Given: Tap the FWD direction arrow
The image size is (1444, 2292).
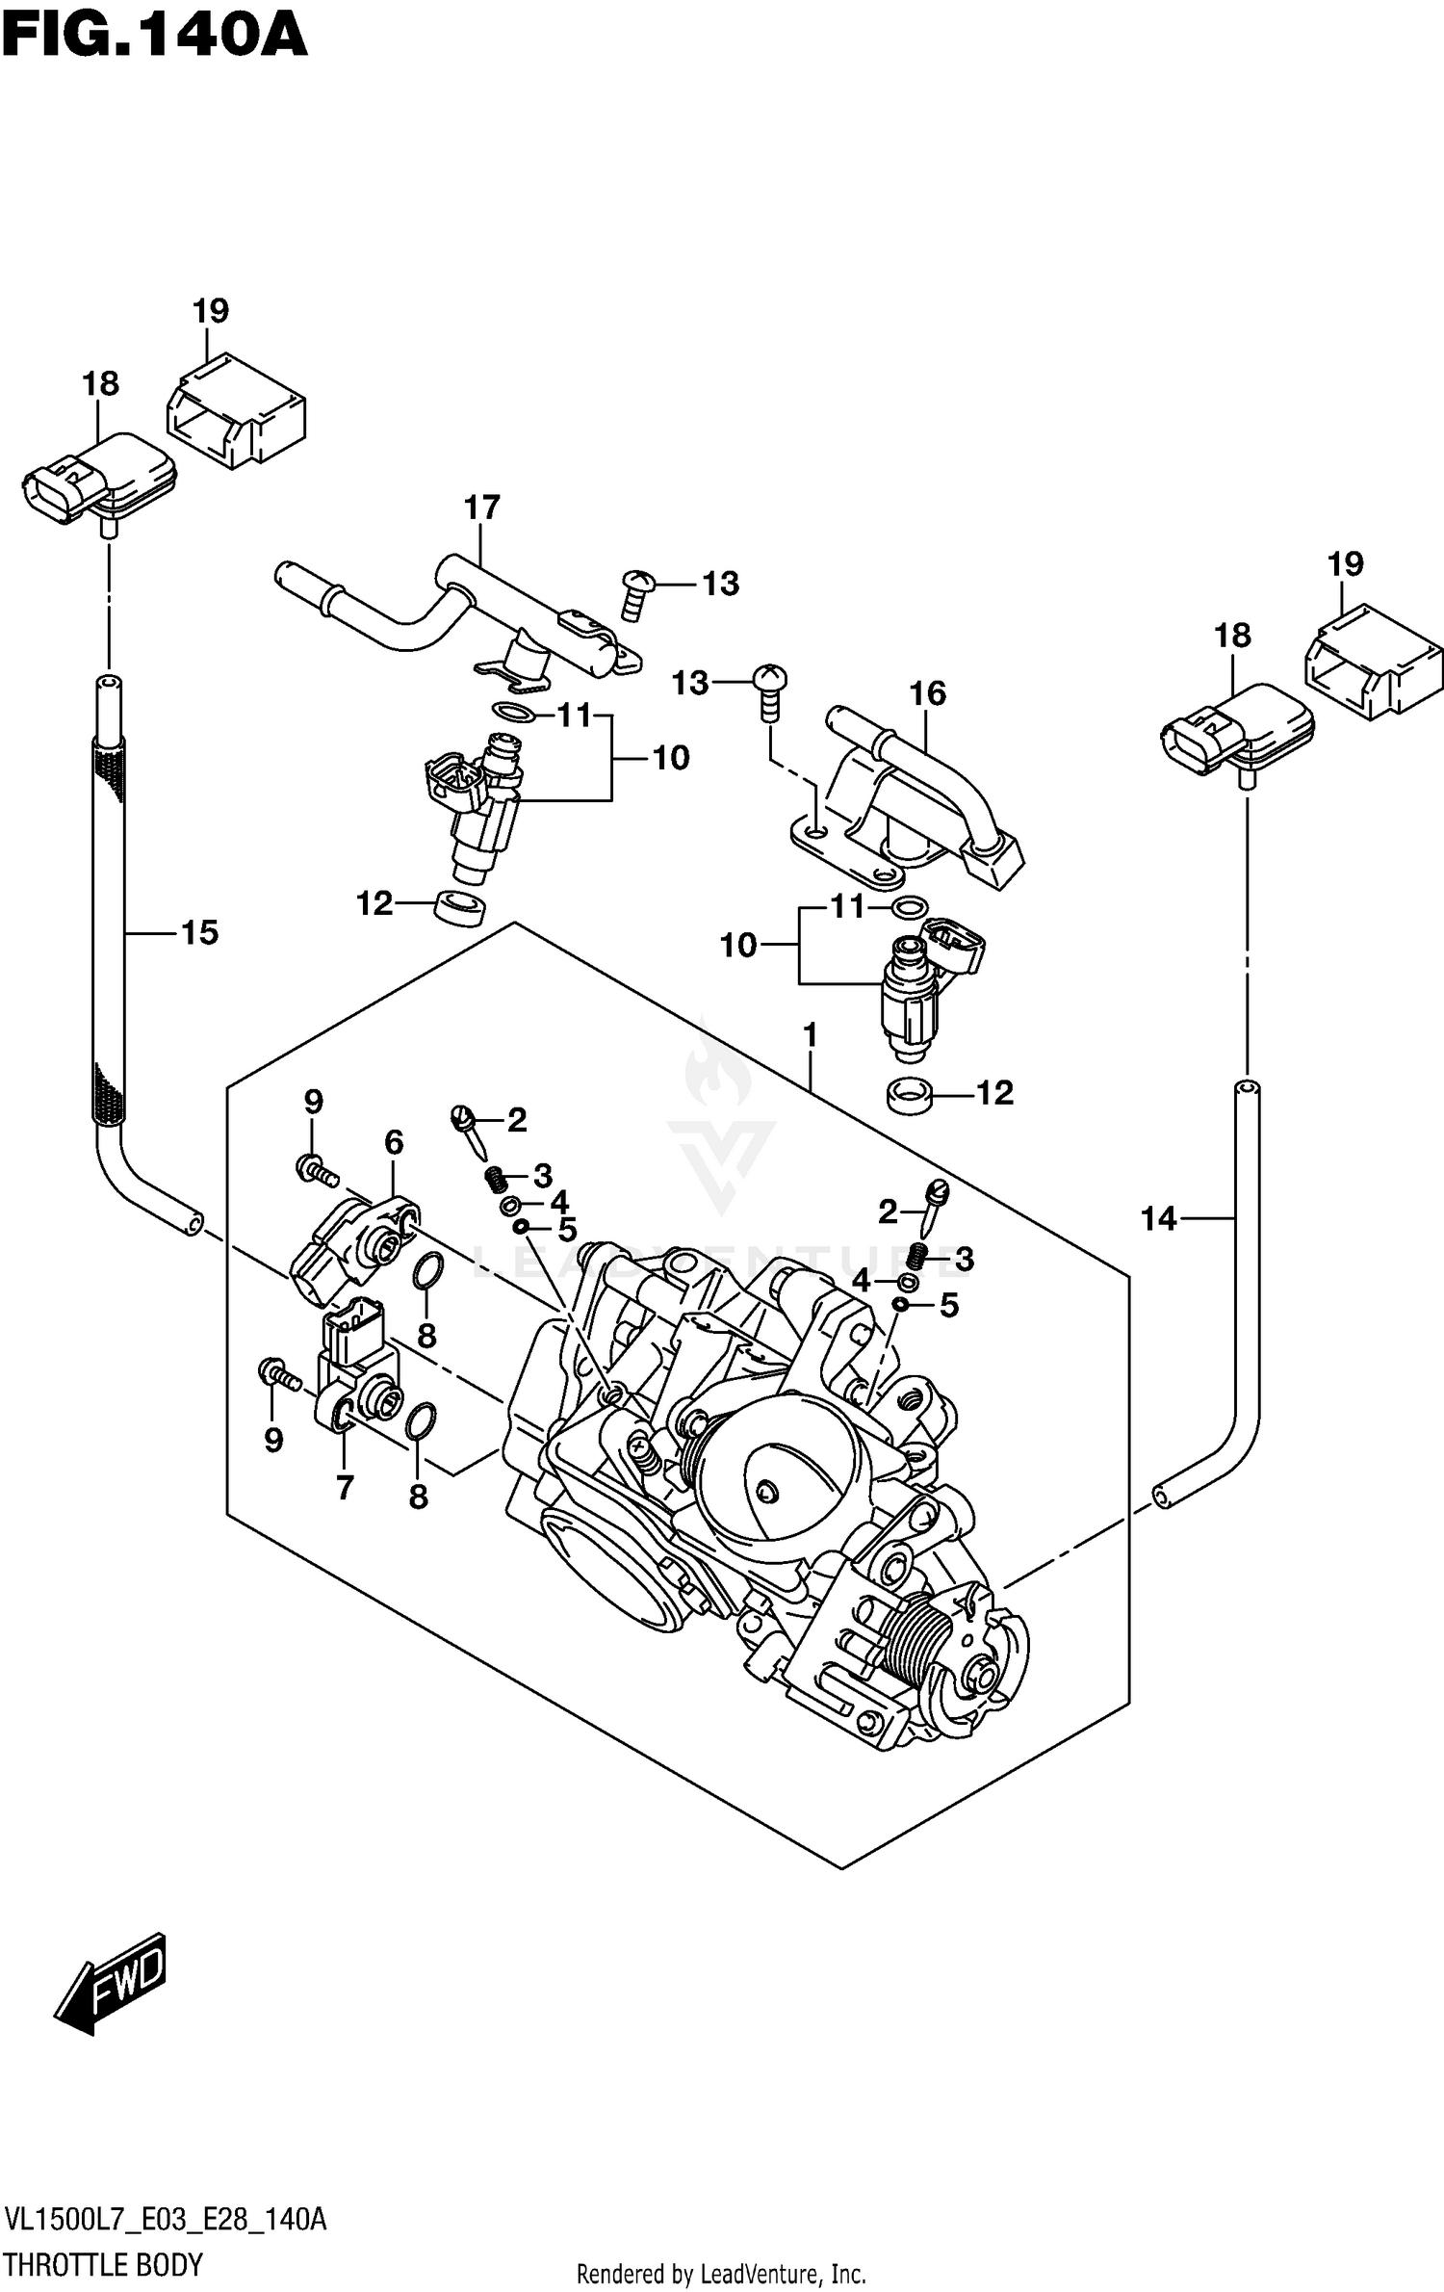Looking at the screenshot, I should click(x=111, y=1984).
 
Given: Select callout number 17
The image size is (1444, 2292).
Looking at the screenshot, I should click(x=482, y=508).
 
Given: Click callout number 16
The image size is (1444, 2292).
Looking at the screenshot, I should click(x=927, y=692).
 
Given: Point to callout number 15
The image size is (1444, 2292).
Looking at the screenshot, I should click(x=200, y=931).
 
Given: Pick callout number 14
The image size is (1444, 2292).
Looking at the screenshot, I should click(x=1158, y=1219).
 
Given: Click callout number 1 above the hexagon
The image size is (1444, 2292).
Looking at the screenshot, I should click(x=810, y=1035).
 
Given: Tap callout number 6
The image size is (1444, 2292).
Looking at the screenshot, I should click(x=393, y=1142).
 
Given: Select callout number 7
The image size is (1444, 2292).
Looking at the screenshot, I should click(x=344, y=1487).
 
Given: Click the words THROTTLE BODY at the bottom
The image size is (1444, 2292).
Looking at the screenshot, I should click(x=103, y=2263).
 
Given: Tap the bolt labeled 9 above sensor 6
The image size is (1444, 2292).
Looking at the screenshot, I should click(x=315, y=1170).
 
